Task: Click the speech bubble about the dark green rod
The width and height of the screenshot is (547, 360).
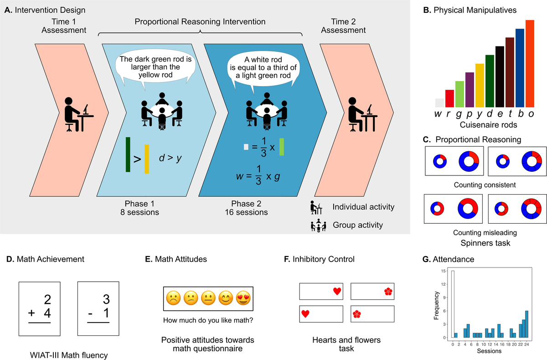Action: coord(155,68)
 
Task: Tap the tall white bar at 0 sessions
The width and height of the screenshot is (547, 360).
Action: coord(452,305)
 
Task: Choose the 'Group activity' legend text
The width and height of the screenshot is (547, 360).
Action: coord(358,225)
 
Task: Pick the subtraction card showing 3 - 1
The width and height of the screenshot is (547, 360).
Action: coord(98,309)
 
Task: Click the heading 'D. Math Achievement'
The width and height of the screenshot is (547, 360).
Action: coord(46,259)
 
